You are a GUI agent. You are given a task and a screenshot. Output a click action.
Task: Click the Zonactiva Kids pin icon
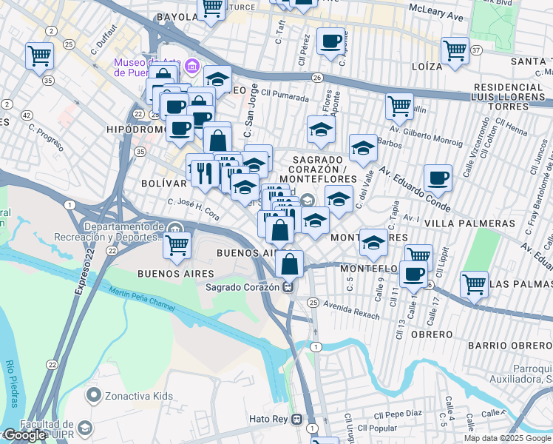point(93,396)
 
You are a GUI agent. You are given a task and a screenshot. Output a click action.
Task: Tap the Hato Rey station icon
point(297,419)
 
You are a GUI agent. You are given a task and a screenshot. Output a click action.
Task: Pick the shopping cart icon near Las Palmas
point(473,283)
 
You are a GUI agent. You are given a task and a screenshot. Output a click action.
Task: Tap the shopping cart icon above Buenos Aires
point(177,244)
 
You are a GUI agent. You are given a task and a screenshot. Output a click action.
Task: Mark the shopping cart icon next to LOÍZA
point(455,50)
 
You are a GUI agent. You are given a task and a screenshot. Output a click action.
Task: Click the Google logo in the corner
point(24,436)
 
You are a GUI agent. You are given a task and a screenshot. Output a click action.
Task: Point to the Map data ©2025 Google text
point(506,438)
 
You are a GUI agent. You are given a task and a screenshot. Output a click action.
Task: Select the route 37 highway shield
point(477,50)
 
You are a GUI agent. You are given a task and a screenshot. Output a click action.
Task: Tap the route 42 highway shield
point(27,115)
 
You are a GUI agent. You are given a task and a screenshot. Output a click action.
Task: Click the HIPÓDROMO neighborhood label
point(137,129)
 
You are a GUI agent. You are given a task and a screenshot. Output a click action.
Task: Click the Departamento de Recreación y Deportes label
point(121,232)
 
